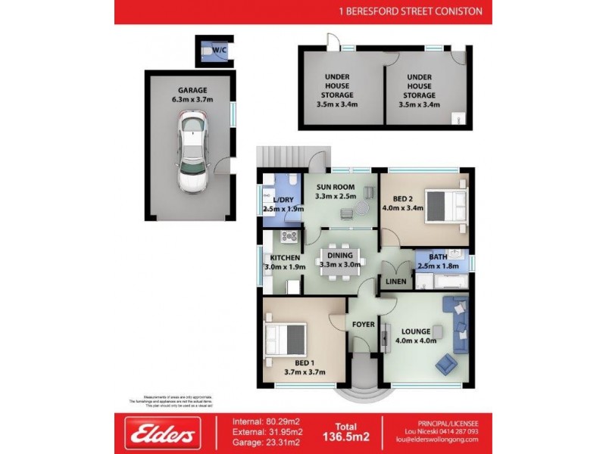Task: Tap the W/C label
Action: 220,50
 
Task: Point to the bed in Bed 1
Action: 287,344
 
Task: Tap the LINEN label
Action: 396,282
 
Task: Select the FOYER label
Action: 364,325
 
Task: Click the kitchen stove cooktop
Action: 289,237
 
